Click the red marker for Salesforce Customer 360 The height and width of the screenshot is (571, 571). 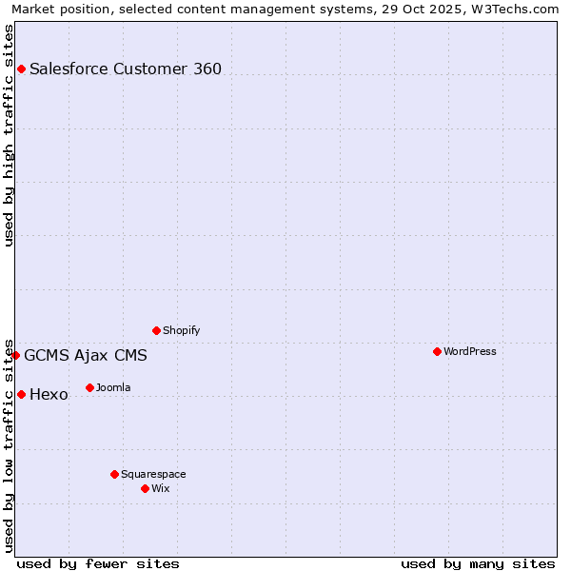point(21,69)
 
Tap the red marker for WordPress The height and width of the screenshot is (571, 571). point(437,351)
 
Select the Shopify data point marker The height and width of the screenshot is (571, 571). point(156,330)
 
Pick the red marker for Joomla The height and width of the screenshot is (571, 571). point(89,387)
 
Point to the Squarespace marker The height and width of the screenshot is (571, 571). point(114,474)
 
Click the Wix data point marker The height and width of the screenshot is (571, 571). point(145,488)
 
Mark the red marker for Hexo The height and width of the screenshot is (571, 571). point(21,394)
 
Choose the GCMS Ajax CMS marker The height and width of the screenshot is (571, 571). point(15,355)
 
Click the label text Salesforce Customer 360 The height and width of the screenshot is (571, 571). point(126,69)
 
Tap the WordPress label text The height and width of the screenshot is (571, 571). point(470,351)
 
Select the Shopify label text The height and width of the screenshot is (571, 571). point(181,330)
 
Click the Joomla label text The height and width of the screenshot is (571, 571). point(113,387)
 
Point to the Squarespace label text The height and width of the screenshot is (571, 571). point(153,474)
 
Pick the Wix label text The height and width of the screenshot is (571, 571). point(160,488)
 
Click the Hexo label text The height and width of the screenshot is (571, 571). point(49,395)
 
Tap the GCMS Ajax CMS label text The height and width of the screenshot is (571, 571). point(86,356)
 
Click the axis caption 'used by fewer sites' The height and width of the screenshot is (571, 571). point(98,563)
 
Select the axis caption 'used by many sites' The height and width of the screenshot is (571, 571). point(478,563)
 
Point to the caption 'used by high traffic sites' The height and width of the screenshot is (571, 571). point(9,135)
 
